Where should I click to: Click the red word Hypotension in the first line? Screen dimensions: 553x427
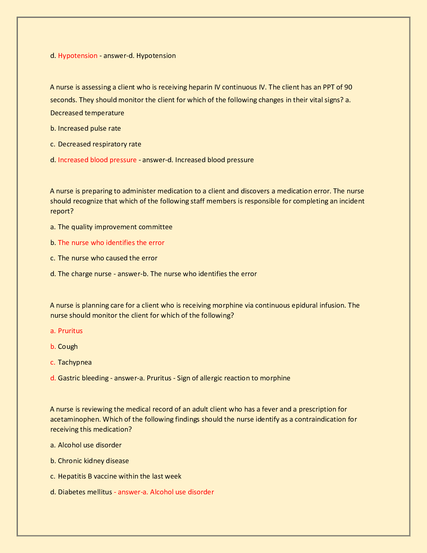pyautogui.click(x=78, y=56)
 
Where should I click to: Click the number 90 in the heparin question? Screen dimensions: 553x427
pyautogui.click(x=348, y=87)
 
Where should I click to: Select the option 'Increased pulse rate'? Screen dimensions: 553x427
pyautogui.click(x=89, y=128)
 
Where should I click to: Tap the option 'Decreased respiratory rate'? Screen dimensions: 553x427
pyautogui.click(x=99, y=144)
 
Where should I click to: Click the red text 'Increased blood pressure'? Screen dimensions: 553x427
pyautogui.click(x=97, y=160)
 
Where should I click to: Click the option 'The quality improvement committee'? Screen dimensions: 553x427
pyautogui.click(x=115, y=227)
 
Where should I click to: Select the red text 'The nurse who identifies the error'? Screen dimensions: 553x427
pyautogui.click(x=111, y=243)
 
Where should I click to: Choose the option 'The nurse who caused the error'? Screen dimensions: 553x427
pyautogui.click(x=108, y=258)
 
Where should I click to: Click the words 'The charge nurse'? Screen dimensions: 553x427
pyautogui.click(x=84, y=274)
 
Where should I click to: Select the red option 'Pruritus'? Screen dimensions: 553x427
pyautogui.click(x=70, y=331)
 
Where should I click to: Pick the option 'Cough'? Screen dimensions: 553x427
pyautogui.click(x=68, y=347)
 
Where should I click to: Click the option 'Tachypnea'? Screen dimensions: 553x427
pyautogui.click(x=75, y=362)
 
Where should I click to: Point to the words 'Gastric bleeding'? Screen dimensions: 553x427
pyautogui.click(x=83, y=378)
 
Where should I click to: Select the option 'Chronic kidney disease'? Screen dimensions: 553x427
pyautogui.click(x=93, y=461)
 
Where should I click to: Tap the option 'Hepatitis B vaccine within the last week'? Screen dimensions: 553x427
pyautogui.click(x=120, y=476)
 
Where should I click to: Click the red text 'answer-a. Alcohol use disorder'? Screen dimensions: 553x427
pyautogui.click(x=165, y=492)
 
